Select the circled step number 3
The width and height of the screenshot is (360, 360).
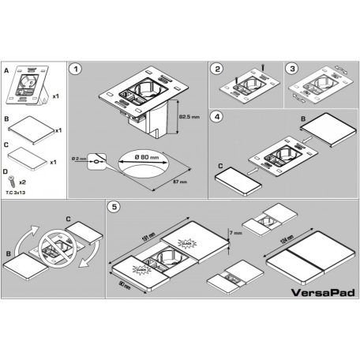click(291, 69)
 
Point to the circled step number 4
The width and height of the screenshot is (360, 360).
click(217, 117)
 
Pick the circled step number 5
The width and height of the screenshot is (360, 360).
click(115, 208)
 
